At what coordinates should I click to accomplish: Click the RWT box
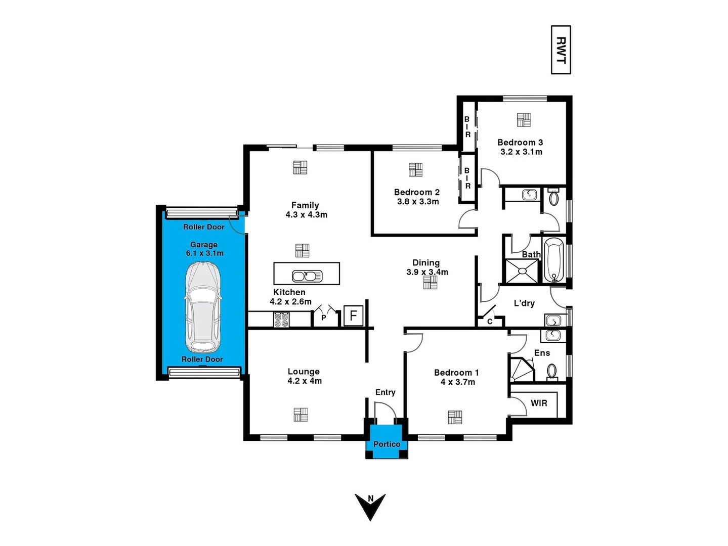561,50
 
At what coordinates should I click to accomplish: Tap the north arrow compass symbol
370,506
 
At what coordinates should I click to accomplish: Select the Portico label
387,444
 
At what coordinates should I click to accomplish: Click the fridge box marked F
353,316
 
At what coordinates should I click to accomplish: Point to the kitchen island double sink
307,276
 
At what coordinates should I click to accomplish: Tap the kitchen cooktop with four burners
281,320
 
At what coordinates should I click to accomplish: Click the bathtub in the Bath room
553,260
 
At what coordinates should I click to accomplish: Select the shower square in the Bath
522,271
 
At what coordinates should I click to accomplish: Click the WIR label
539,403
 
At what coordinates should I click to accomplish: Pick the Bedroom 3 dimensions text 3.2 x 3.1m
521,152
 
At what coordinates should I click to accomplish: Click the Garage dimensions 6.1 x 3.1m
204,253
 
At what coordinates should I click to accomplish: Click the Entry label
385,392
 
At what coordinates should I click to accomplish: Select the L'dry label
524,303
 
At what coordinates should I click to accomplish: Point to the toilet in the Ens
552,372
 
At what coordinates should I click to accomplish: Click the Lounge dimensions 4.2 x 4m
305,381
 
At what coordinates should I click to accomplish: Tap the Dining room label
426,262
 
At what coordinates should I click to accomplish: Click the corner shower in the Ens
521,370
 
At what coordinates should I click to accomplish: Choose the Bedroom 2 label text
416,192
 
